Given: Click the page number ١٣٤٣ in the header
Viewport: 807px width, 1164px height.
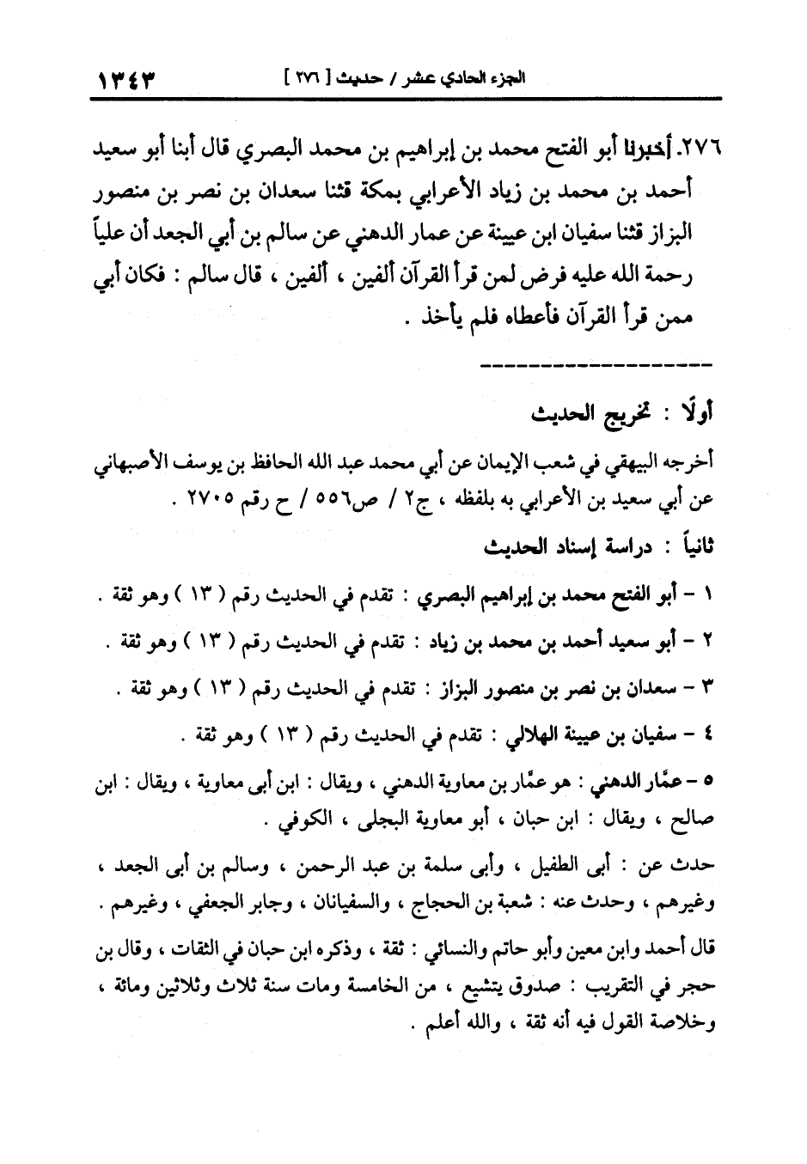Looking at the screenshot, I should pos(128,79).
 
